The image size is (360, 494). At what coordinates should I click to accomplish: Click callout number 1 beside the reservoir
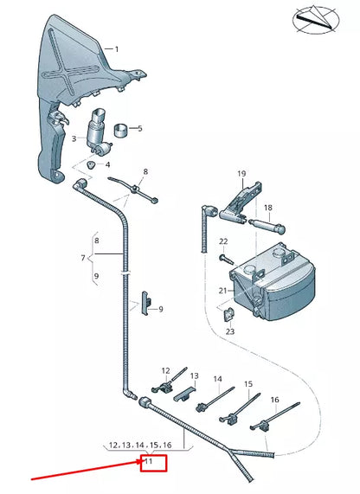(117, 50)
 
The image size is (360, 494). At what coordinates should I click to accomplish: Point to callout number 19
(241, 174)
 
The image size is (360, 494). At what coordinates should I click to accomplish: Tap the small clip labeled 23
(230, 315)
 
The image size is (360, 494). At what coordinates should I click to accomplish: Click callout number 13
(195, 376)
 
